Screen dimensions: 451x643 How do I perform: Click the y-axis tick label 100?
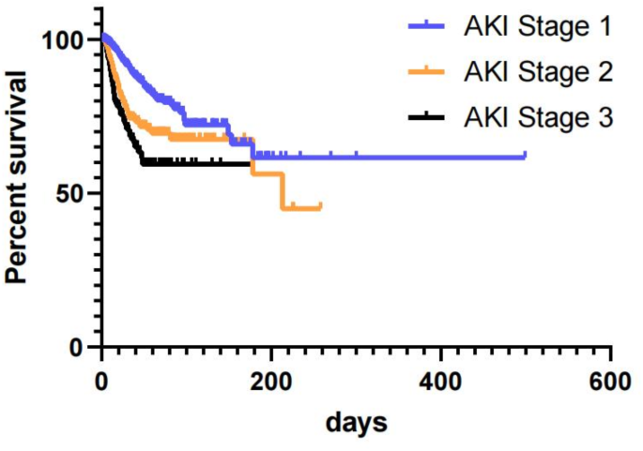[67, 39]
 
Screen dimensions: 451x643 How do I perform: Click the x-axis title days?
[356, 424]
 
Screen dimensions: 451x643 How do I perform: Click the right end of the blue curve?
[525, 156]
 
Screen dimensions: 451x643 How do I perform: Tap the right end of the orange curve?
[320, 206]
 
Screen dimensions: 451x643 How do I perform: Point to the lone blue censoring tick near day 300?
[356, 155]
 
